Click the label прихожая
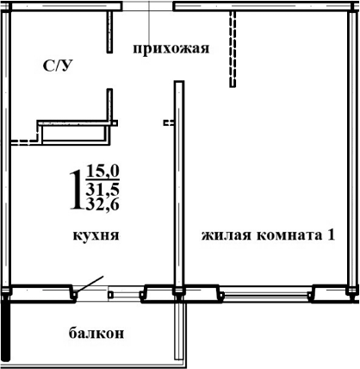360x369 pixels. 171,48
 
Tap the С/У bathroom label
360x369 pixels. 58,66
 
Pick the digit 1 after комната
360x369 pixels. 330,234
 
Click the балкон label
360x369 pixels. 93,333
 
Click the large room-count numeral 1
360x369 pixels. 77,188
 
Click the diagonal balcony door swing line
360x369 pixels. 90,286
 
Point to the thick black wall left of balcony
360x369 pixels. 5,328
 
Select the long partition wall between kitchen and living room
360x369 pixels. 177,185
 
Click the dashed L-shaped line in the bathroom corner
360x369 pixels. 24,138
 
